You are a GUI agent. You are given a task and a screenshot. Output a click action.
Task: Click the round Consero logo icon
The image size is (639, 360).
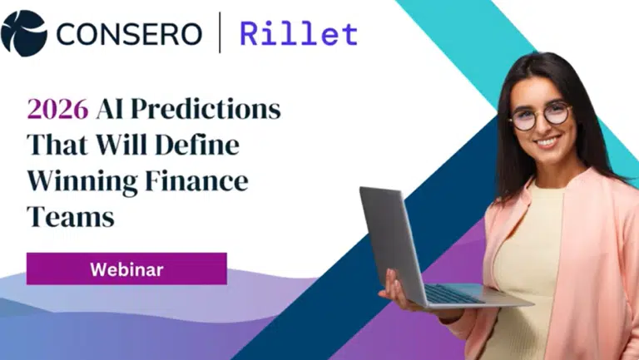(24, 32)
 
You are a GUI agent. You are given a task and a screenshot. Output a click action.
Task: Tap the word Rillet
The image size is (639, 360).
(299, 33)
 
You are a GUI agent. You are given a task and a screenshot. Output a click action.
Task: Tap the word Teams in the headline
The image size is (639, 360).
(70, 216)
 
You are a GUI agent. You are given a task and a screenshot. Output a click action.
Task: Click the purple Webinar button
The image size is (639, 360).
(126, 269)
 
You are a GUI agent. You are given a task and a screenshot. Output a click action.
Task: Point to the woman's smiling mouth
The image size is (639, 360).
(547, 142)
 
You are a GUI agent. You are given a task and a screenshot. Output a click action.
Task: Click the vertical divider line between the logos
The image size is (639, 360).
(220, 33)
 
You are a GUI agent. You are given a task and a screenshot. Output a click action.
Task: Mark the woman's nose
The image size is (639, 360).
(544, 126)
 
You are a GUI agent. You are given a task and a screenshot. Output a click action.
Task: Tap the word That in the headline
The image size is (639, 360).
(57, 145)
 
